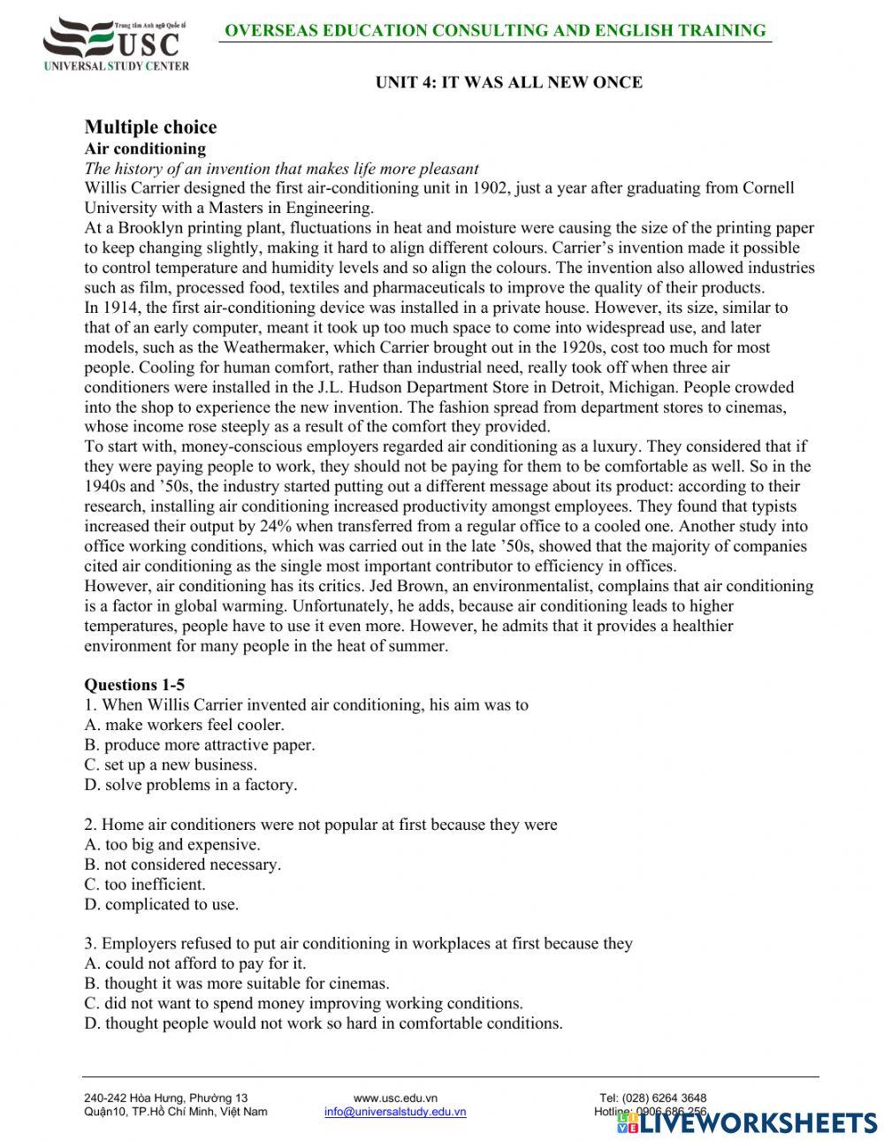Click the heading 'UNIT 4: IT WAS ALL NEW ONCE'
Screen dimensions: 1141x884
click(x=508, y=82)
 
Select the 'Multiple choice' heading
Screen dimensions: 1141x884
click(x=150, y=127)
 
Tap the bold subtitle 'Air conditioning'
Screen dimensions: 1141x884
click(x=145, y=148)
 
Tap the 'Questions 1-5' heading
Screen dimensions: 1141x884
click(x=134, y=684)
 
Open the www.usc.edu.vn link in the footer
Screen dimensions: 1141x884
click(x=395, y=1098)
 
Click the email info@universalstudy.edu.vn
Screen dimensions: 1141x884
click(x=395, y=1112)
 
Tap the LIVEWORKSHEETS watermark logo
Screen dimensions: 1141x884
click(x=747, y=1122)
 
